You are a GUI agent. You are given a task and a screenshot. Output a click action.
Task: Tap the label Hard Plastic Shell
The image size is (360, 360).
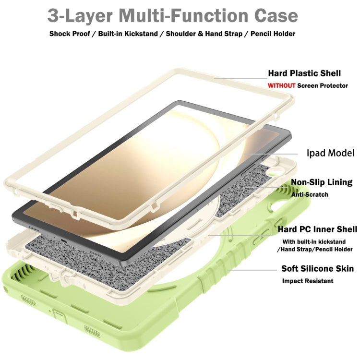click(304, 73)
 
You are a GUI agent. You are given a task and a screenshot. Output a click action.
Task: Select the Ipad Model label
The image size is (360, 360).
click(330, 153)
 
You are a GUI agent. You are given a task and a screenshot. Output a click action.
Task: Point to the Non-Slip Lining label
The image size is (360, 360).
click(322, 182)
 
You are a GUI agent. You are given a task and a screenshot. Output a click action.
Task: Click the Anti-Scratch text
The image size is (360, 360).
click(310, 194)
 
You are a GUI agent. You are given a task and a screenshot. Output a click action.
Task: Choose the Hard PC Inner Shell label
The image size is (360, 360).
click(317, 230)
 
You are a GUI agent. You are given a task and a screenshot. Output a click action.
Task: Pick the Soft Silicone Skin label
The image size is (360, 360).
click(317, 269)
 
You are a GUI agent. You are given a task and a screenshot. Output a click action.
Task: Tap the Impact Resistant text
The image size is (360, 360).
click(308, 281)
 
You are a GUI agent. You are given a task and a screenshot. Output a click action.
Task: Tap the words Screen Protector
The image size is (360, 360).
click(323, 85)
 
